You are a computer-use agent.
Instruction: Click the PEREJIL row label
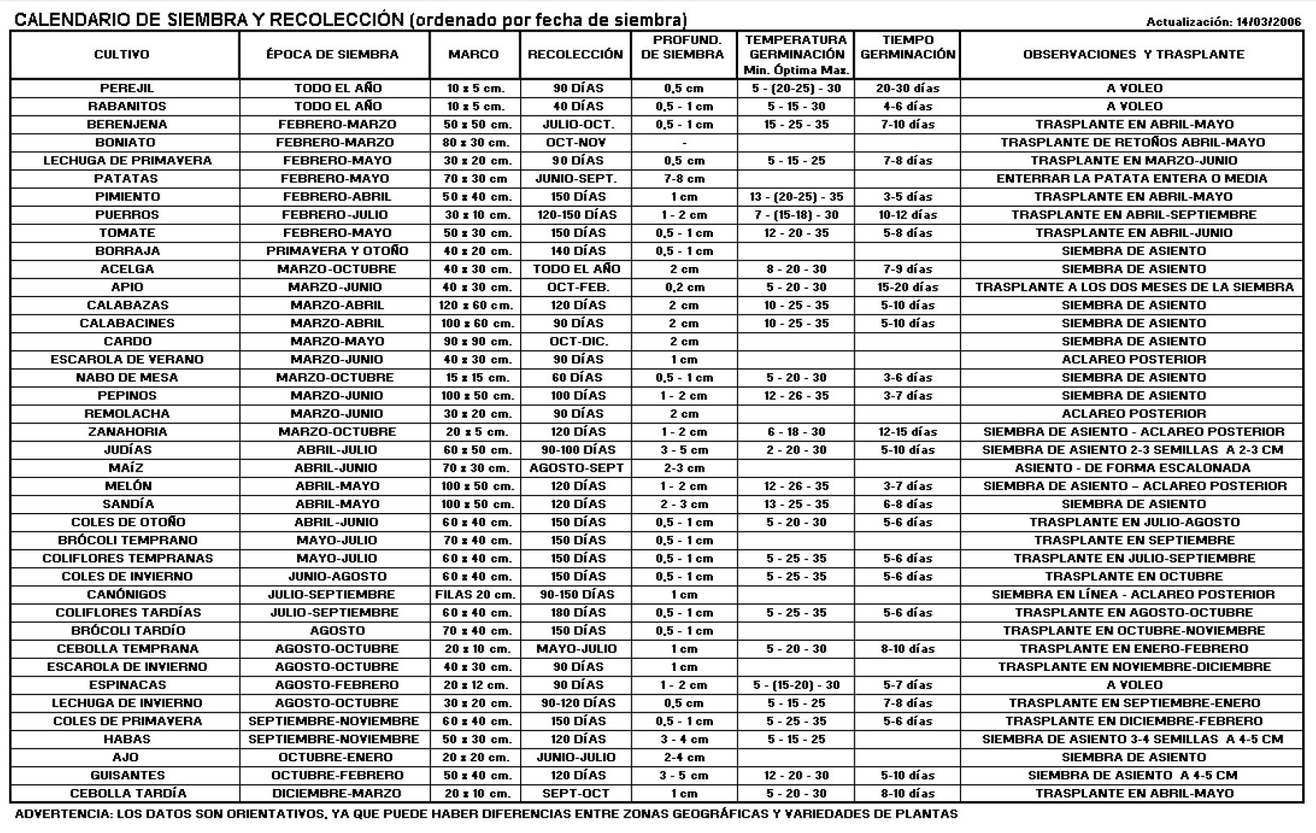click(126, 88)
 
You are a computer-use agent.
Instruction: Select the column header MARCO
click(474, 55)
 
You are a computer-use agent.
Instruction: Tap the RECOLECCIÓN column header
click(575, 55)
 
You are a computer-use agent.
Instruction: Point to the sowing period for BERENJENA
click(337, 125)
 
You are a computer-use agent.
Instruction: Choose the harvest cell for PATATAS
click(575, 178)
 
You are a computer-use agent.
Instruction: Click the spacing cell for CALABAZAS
click(474, 305)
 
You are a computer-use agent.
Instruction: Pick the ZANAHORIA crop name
click(127, 432)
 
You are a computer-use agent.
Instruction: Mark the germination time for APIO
click(907, 287)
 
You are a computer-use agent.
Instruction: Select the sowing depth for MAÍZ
click(684, 468)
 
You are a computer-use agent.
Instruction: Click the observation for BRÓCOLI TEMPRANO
click(1134, 540)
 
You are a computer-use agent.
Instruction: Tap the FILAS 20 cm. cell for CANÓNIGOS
click(474, 594)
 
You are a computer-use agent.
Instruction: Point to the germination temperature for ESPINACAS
click(796, 685)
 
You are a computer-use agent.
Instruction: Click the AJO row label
click(126, 757)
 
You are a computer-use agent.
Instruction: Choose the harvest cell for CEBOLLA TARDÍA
click(575, 793)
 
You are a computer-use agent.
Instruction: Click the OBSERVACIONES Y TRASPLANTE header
click(1133, 55)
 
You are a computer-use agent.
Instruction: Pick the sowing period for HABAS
click(334, 739)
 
